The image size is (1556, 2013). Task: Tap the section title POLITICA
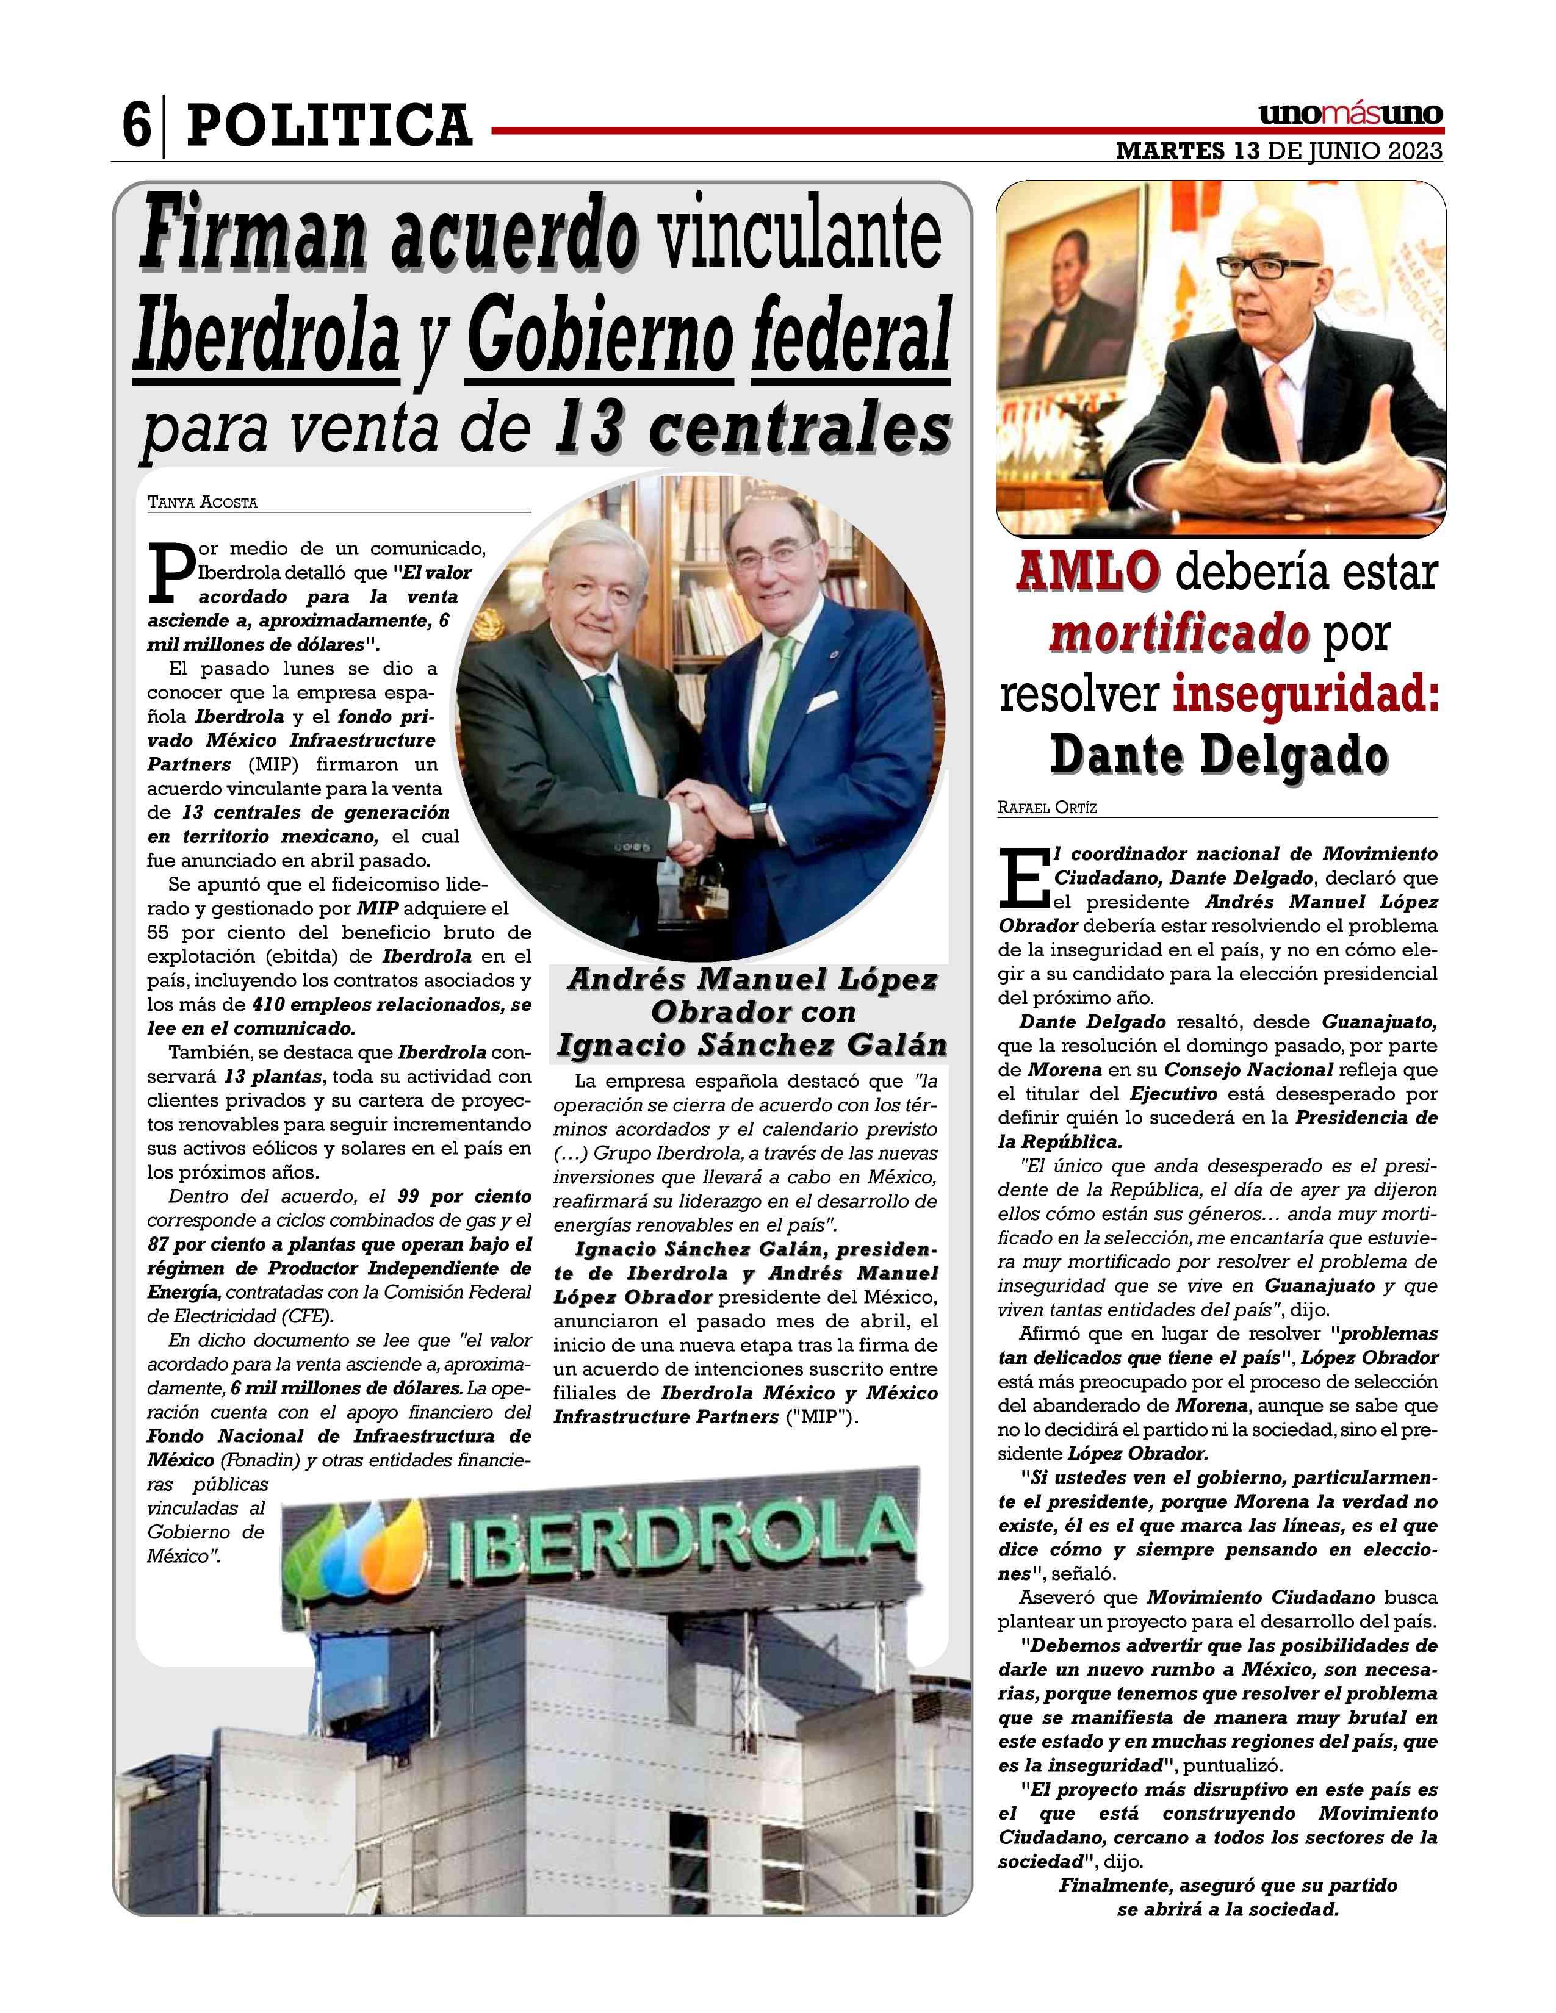pyautogui.click(x=329, y=125)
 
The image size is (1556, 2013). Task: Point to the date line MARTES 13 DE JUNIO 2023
pyautogui.click(x=1278, y=151)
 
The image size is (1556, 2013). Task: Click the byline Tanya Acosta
pyautogui.click(x=202, y=503)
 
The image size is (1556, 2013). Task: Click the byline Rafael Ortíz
pyautogui.click(x=1046, y=808)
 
